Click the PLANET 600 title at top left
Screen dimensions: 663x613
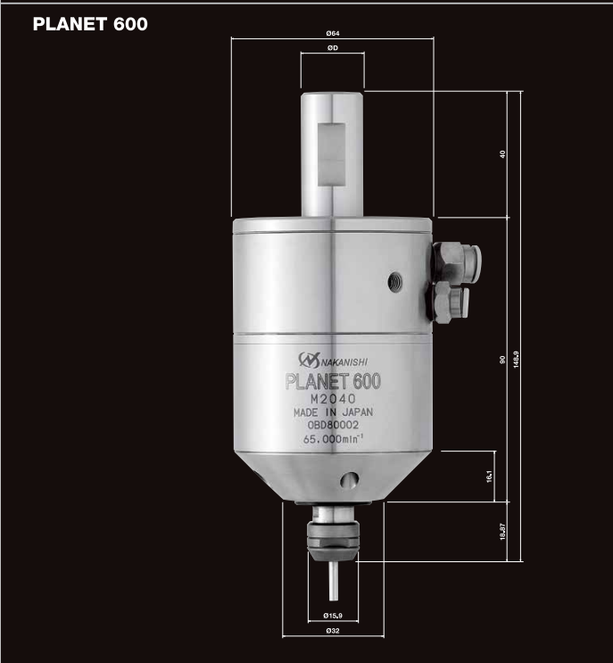pos(89,24)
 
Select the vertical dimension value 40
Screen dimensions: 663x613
pos(503,154)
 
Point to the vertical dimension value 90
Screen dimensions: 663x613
pos(503,360)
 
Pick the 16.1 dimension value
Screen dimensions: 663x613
pos(490,477)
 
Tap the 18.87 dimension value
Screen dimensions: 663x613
pos(503,531)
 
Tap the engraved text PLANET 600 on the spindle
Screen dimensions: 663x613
pos(333,381)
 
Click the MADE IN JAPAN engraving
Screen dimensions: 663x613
pos(332,412)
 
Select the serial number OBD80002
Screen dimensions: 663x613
pos(332,426)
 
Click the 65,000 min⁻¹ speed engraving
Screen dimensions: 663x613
pos(332,439)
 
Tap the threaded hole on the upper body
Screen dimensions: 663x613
pos(393,283)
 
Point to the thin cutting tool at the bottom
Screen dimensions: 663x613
pos(332,580)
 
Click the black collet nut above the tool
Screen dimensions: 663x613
pos(332,535)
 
